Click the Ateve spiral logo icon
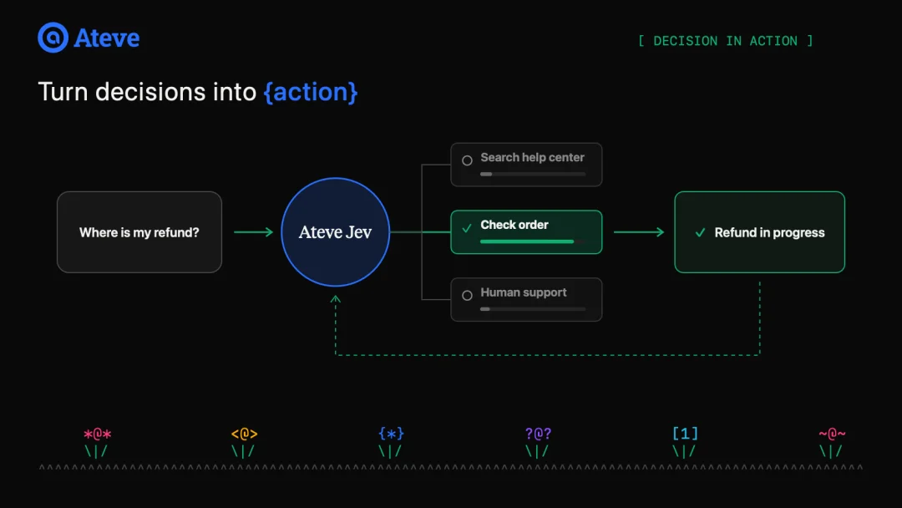pos(53,38)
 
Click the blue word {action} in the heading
pos(311,92)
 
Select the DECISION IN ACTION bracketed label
pos(726,41)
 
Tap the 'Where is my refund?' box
pos(139,231)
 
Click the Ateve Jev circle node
pos(336,231)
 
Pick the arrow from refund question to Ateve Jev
pos(254,231)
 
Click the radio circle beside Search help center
pos(467,160)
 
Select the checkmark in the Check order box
pos(467,228)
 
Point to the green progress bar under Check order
pos(527,241)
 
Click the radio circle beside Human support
pos(467,295)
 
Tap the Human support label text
pos(524,292)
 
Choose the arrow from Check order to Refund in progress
pos(639,231)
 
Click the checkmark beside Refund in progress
pos(700,232)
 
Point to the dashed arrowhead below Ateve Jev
pos(336,298)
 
